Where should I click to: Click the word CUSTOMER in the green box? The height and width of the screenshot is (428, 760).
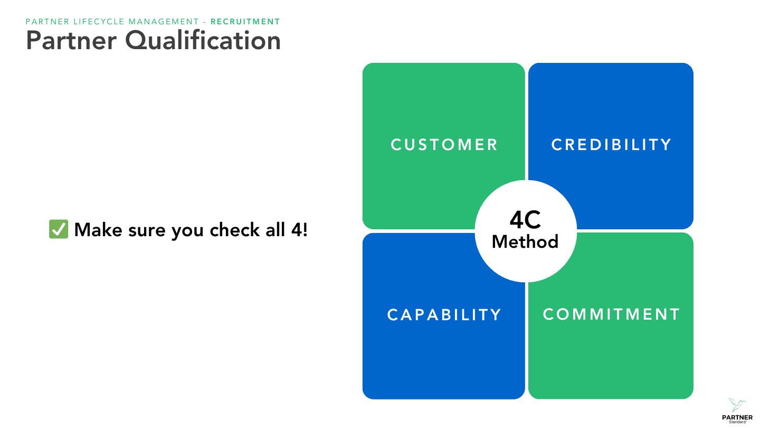[444, 145]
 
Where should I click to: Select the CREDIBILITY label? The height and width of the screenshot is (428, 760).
[611, 145]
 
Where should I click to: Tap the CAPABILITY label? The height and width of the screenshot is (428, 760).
[444, 315]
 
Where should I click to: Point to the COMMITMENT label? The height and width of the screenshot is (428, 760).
[611, 314]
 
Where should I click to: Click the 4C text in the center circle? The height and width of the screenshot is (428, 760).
[525, 220]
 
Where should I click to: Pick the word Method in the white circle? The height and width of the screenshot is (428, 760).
[525, 242]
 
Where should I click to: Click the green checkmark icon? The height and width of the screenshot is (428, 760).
[58, 229]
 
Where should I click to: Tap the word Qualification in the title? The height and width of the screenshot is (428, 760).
[203, 41]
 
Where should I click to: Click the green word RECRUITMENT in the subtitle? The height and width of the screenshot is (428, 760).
[245, 22]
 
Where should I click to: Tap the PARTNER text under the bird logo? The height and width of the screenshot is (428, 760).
[737, 417]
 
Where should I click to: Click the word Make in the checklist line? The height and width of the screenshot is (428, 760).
[96, 230]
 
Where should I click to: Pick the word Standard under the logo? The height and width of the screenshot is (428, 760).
[737, 422]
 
